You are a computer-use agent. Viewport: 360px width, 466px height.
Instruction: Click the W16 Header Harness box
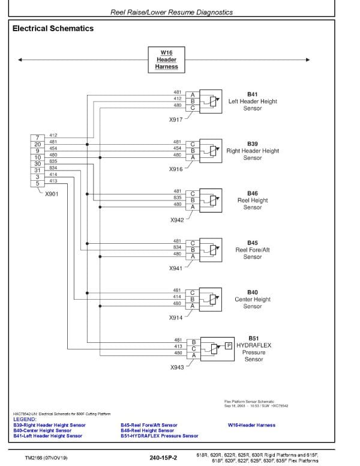tap(167, 59)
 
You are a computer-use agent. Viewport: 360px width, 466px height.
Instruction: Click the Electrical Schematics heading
tap(53, 28)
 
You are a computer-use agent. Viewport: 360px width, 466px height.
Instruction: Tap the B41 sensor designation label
tap(252, 94)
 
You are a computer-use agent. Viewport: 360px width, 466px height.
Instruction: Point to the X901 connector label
tap(52, 193)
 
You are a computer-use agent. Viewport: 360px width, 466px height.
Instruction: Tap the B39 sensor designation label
tap(252, 144)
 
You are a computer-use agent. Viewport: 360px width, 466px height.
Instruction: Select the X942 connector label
tap(176, 219)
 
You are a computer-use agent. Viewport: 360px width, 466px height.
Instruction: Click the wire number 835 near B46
tap(178, 198)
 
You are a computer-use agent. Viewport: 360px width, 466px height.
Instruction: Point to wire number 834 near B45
tap(178, 247)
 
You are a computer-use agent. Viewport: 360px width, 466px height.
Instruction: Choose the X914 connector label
tap(176, 318)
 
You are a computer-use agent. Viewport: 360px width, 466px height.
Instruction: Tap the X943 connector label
tap(176, 367)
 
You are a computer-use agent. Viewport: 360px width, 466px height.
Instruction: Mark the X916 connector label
tap(176, 169)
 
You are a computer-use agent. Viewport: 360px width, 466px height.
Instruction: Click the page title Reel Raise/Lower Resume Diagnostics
tap(172, 12)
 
